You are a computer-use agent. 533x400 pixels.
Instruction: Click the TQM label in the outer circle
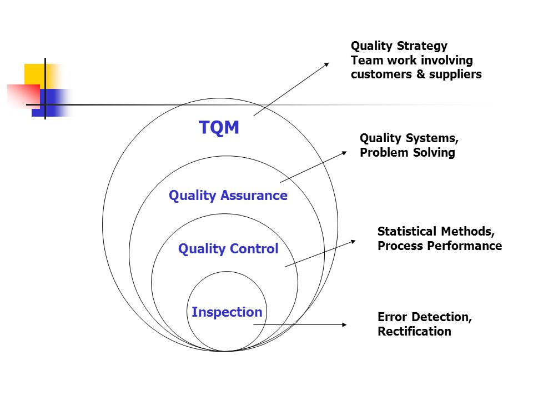coord(219,128)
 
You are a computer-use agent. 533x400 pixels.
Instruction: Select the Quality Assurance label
coord(228,196)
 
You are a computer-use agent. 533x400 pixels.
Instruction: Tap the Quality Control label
coord(228,249)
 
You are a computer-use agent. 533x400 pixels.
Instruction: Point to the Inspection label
coord(227,312)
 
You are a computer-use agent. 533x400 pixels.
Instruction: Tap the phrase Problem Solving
coord(407,153)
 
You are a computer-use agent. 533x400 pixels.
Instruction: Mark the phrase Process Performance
coord(440,246)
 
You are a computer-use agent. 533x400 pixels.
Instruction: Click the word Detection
coord(441,317)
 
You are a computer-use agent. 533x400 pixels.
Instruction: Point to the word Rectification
coord(414,332)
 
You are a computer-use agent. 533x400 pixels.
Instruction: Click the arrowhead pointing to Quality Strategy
coord(326,64)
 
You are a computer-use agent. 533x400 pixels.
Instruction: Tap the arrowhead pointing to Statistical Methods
coord(354,241)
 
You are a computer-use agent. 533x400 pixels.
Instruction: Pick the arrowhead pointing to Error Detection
coord(345,325)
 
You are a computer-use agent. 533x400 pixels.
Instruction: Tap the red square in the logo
coord(22,94)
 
